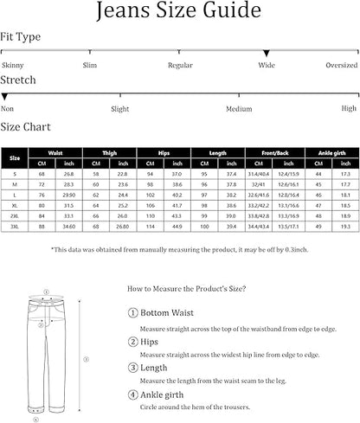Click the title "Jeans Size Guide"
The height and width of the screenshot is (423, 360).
click(x=179, y=12)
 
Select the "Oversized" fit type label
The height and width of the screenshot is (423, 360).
click(x=341, y=65)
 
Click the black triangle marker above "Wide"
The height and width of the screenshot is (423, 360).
click(x=267, y=54)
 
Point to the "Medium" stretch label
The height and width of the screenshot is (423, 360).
click(x=239, y=109)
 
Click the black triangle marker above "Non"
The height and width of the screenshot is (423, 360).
click(x=5, y=98)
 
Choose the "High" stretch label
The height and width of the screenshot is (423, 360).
click(x=349, y=109)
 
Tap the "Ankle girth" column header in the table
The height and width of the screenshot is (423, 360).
click(x=332, y=151)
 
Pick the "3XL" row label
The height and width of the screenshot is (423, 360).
click(x=14, y=227)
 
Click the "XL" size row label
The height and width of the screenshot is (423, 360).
click(x=14, y=206)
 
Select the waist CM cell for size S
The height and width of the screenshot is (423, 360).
click(x=42, y=175)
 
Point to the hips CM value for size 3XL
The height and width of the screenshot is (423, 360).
click(x=151, y=227)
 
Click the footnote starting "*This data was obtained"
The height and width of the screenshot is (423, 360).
click(x=180, y=250)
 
